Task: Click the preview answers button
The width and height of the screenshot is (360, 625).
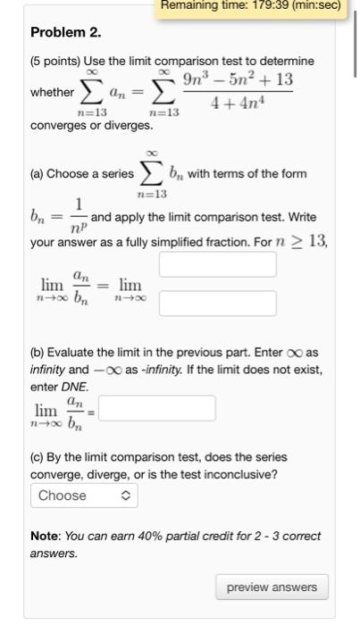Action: tap(272, 587)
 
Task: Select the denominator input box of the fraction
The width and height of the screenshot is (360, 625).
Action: tap(217, 304)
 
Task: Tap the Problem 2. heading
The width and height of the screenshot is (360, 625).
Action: tap(66, 33)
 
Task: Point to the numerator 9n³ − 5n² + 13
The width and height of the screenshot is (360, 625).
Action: tap(238, 80)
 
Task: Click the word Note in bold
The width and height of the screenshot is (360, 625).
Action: tap(46, 536)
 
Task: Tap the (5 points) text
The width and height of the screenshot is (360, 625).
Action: tap(61, 61)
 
